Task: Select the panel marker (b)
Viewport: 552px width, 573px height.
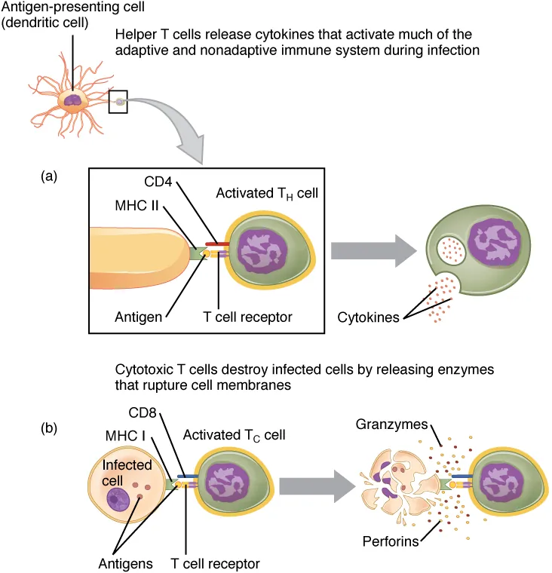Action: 50,429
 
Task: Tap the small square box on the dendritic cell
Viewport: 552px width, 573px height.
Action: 118,100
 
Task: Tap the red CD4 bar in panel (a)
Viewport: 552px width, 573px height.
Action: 216,245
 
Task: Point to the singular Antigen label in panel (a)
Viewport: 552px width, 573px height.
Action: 140,317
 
